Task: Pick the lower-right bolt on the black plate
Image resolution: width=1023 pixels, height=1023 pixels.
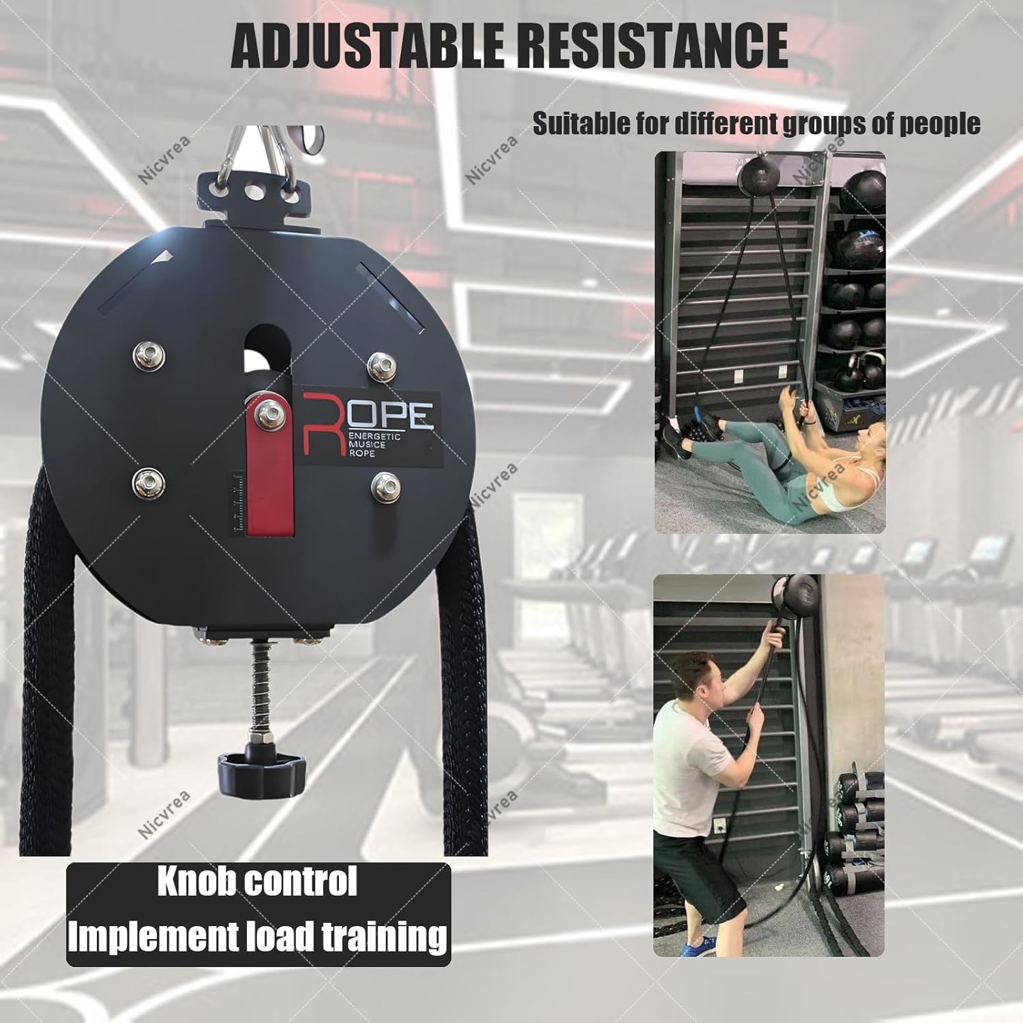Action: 385,486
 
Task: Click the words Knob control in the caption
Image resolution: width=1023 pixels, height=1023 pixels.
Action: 257,883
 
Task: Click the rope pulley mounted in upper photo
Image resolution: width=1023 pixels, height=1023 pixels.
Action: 758,179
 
